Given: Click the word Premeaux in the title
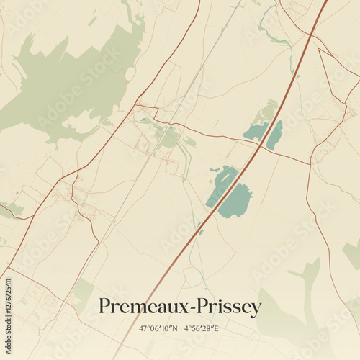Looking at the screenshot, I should pos(140,307).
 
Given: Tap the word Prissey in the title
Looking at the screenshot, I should pos(226,307).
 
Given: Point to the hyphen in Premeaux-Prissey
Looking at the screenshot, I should pos(186,308).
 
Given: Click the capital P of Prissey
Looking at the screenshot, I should pos(196,306).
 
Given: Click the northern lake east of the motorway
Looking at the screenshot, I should pos(274,135).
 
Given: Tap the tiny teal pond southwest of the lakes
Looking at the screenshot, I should pos(199,230).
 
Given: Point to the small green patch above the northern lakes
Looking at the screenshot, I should pos(269,109).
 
